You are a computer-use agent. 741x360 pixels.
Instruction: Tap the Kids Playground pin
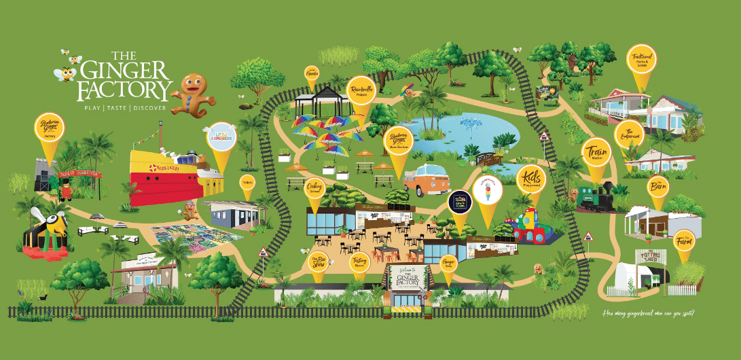[x=530, y=178]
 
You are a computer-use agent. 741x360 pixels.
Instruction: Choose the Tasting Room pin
[x=359, y=262]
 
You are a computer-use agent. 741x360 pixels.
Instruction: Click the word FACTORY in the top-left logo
[x=124, y=90]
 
